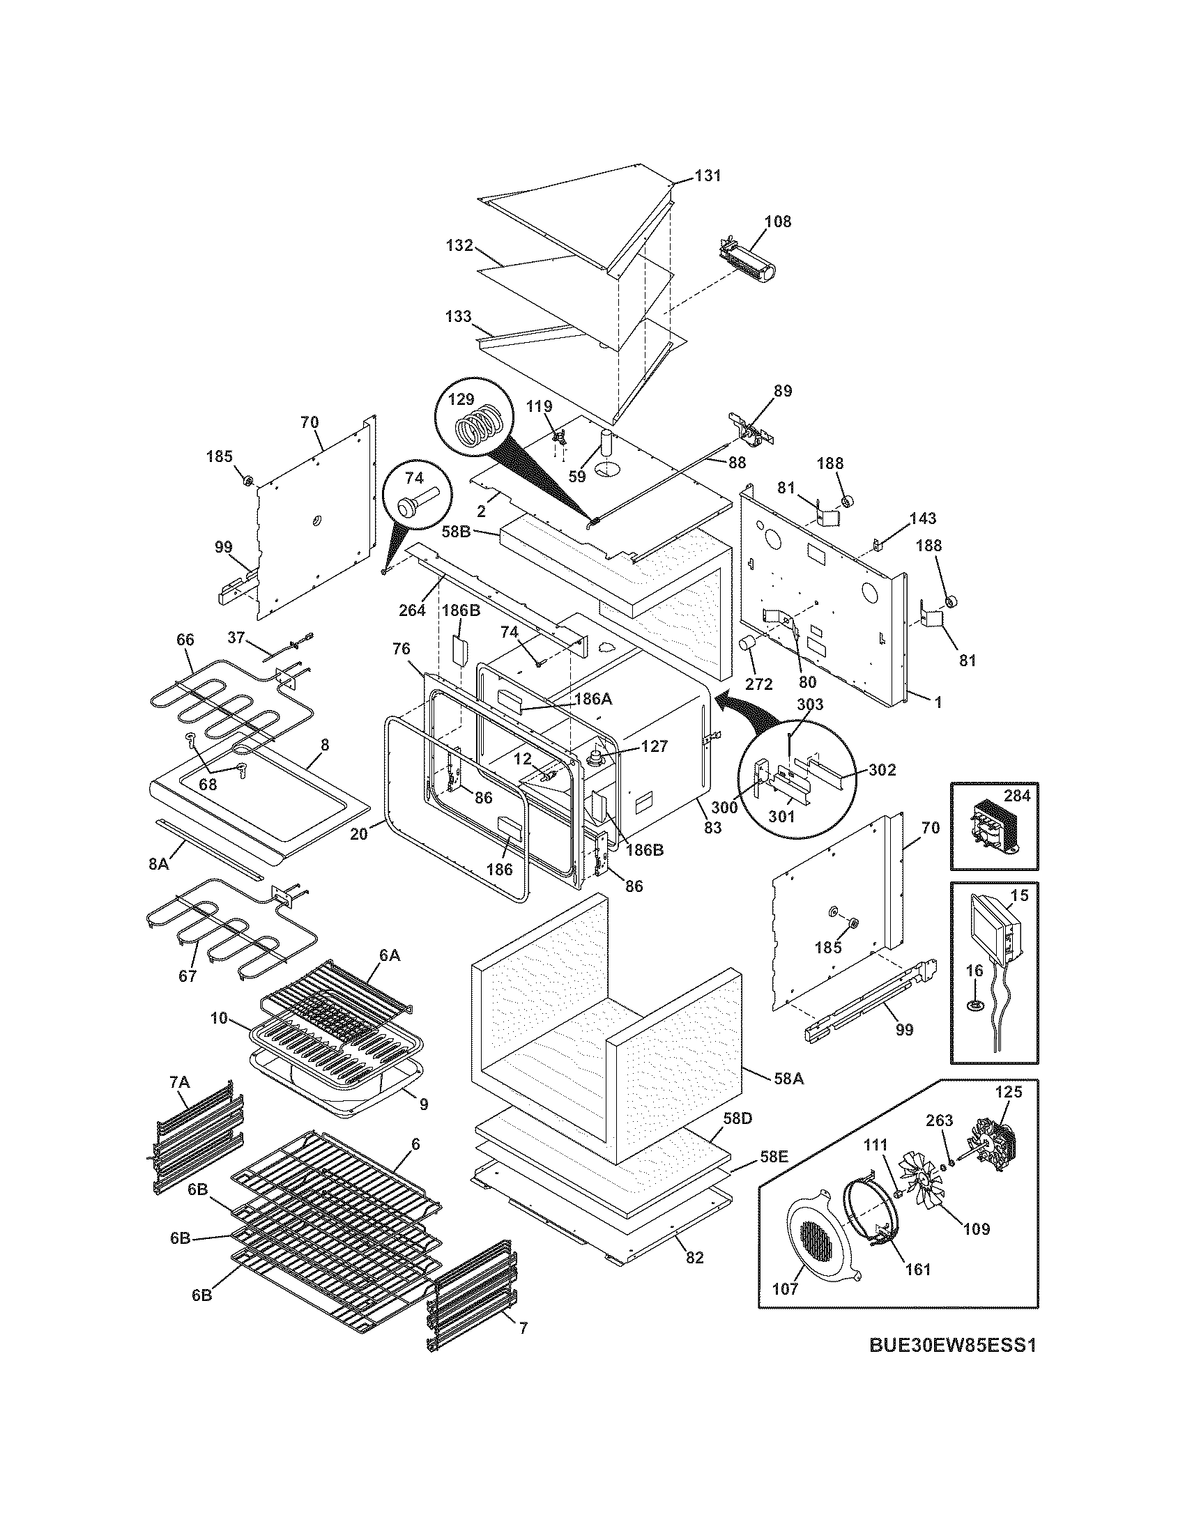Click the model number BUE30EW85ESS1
click(953, 1364)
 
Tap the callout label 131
click(708, 176)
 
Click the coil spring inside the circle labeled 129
click(477, 426)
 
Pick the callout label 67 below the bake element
click(187, 976)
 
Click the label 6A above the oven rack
click(390, 955)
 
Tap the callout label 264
click(412, 610)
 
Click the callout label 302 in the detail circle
click(882, 770)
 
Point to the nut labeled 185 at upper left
click(248, 480)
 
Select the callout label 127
click(654, 746)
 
